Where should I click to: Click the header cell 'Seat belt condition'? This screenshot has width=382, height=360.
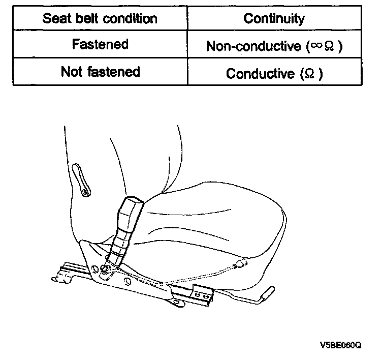click(100, 19)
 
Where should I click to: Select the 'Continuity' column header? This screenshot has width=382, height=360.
click(274, 19)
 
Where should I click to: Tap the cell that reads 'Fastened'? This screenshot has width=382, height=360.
click(100, 45)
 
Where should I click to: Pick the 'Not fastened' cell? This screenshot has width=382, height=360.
click(100, 72)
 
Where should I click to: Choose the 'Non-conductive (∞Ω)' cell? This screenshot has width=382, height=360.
click(274, 46)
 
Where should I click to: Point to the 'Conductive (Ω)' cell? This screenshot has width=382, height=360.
click(274, 73)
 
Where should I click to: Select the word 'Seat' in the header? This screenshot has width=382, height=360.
click(55, 19)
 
